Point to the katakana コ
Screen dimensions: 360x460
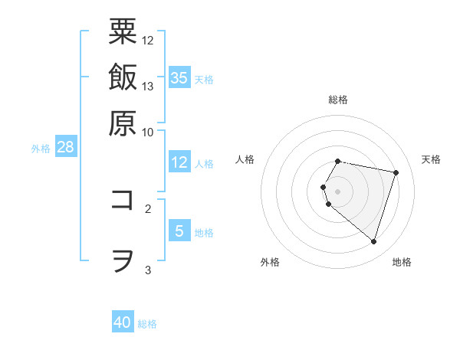click(x=123, y=200)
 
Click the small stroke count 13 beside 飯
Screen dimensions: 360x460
click(x=148, y=86)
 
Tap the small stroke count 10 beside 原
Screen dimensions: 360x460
click(x=148, y=132)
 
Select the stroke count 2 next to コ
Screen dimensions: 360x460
click(x=148, y=208)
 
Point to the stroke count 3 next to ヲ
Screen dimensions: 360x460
click(x=148, y=270)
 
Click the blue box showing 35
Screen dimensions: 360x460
click(x=179, y=77)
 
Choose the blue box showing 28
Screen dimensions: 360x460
click(x=65, y=148)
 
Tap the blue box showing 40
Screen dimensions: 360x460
click(x=123, y=322)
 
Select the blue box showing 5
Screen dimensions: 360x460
click(x=179, y=231)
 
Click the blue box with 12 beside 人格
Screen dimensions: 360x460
click(x=179, y=162)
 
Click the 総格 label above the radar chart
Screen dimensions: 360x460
click(x=338, y=100)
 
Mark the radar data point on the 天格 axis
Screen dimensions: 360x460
click(x=396, y=172)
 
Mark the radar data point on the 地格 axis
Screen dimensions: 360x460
click(x=373, y=241)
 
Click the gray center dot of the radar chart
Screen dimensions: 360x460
click(x=338, y=191)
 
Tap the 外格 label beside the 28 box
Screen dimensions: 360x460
click(x=41, y=149)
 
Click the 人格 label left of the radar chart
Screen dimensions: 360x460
click(x=245, y=159)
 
